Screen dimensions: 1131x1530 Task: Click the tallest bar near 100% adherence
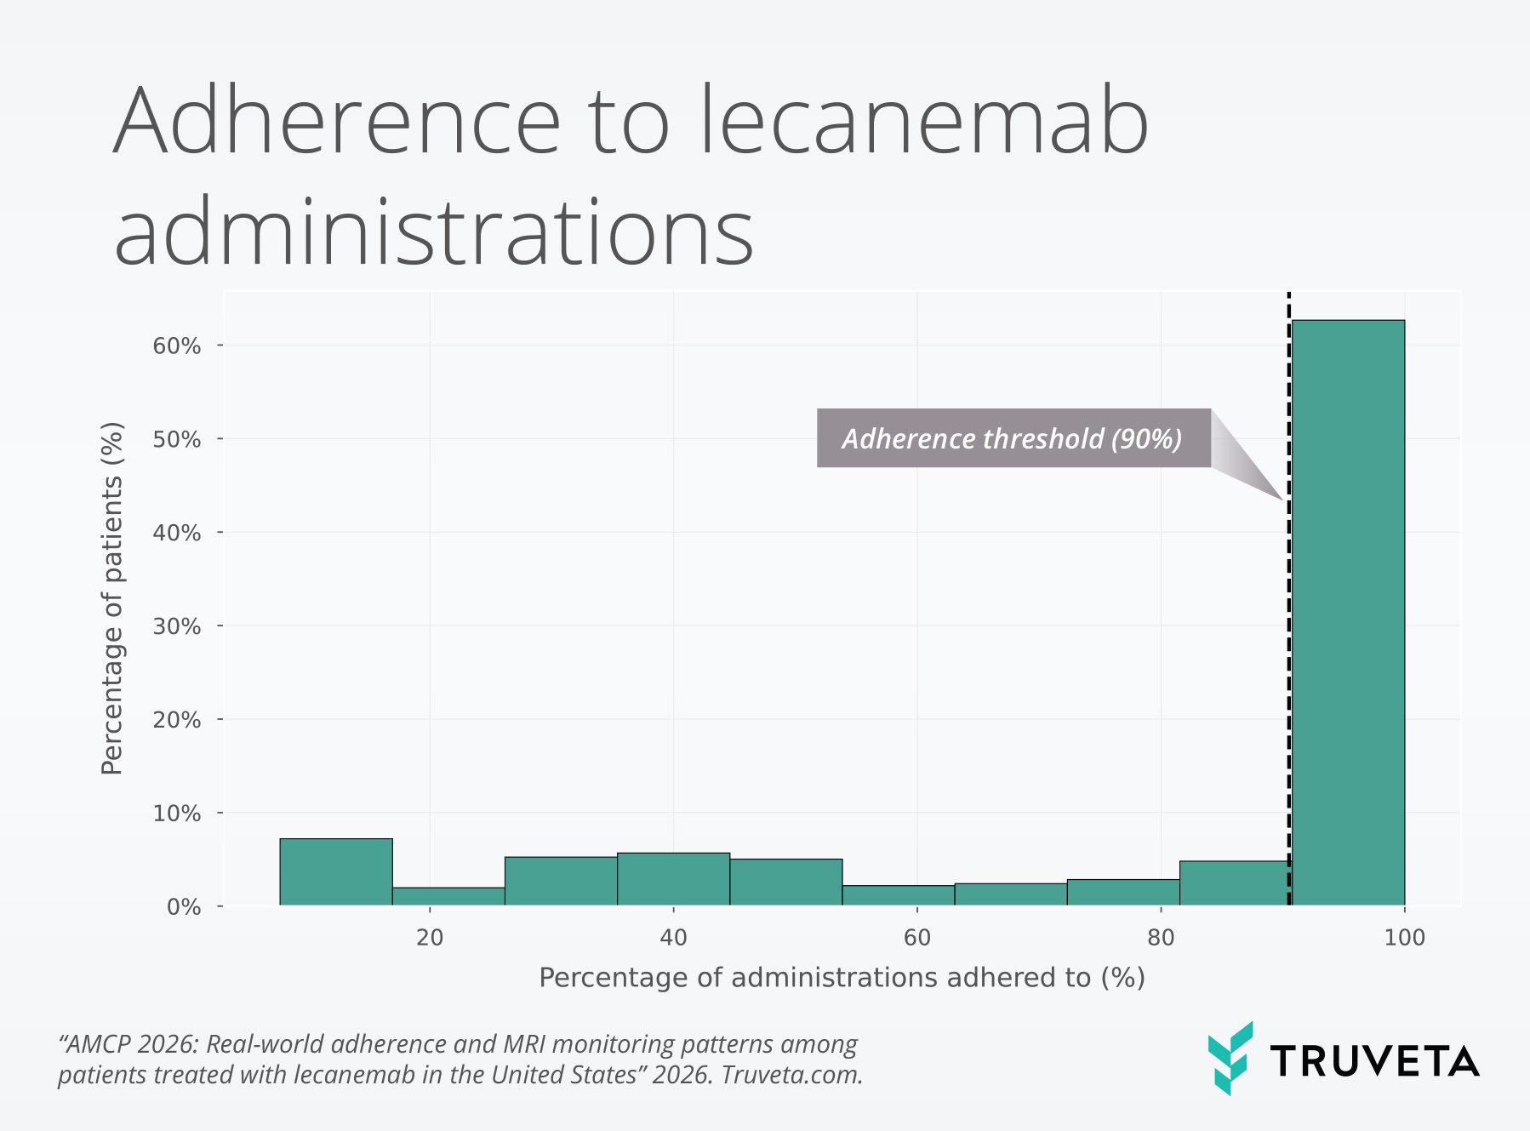[1348, 613]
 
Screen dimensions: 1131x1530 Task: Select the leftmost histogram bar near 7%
[336, 872]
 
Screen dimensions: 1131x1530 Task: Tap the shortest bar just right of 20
[448, 897]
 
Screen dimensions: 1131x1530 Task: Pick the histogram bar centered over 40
[673, 879]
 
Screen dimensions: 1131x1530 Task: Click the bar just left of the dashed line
[1233, 883]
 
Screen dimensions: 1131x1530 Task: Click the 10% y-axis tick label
[177, 814]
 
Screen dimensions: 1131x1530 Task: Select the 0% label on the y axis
[183, 907]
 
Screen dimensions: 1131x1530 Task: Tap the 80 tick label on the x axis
[1161, 938]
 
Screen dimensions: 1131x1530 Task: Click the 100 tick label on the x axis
[1404, 938]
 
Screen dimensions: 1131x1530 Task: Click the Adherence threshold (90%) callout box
[1013, 438]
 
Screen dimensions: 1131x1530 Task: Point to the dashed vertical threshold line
[1288, 681]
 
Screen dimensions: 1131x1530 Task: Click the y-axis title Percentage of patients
[112, 598]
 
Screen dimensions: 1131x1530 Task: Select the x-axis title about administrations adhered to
[842, 978]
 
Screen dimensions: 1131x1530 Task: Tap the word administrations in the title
[434, 231]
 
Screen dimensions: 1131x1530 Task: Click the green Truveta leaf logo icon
[1230, 1058]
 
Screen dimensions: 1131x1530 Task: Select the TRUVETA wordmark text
[1374, 1061]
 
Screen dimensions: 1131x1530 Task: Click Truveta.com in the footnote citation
[792, 1075]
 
